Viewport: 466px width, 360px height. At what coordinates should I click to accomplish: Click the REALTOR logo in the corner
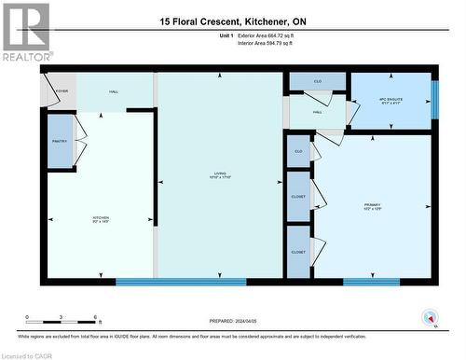click(25, 31)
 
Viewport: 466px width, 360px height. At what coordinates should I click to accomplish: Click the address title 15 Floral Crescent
click(232, 21)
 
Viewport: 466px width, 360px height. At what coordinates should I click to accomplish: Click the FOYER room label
click(62, 91)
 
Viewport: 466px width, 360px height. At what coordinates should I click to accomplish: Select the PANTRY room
click(61, 141)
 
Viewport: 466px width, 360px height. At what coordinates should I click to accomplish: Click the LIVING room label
click(220, 174)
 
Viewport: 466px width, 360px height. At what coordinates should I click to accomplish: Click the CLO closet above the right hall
click(317, 82)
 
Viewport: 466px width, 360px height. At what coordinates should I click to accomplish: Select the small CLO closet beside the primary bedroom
click(298, 151)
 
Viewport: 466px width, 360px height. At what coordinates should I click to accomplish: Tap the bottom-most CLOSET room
click(298, 252)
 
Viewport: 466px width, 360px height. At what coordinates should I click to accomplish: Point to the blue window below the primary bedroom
click(371, 282)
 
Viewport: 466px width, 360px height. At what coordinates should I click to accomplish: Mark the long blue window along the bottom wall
click(181, 282)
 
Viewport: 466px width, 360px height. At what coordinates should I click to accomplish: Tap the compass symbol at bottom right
click(428, 317)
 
